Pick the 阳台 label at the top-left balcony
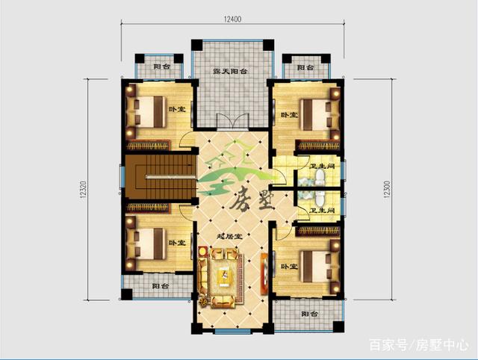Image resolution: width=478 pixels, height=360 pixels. point(160,67)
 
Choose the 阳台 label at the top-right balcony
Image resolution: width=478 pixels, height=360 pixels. point(305,68)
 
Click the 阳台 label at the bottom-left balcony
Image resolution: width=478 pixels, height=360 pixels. point(160,286)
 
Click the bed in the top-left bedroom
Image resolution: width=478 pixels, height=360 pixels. point(152,113)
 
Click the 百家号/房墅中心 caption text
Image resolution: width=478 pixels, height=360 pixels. point(419,344)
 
